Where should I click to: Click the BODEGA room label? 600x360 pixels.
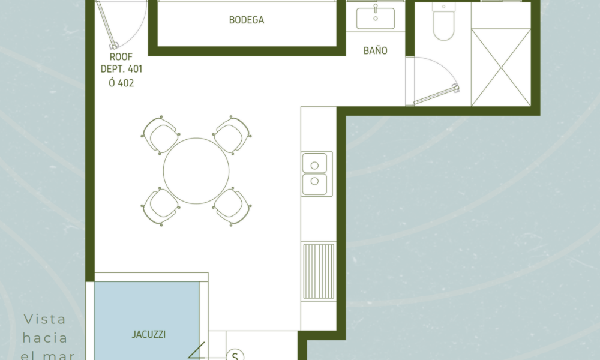[x=247, y=20]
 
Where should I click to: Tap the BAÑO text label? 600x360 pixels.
[x=376, y=50]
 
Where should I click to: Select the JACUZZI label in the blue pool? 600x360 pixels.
[x=148, y=334]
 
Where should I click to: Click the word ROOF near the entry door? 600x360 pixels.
[x=121, y=57]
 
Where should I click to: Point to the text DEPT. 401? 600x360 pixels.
[x=121, y=69]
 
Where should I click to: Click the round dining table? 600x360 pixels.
[x=196, y=170]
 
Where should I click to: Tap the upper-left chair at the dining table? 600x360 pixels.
[x=160, y=136]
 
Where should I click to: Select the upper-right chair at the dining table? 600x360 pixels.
[x=232, y=136]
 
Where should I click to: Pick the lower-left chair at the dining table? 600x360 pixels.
[x=160, y=206]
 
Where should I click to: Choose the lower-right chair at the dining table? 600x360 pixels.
[x=232, y=206]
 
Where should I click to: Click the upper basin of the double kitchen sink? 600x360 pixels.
[x=314, y=163]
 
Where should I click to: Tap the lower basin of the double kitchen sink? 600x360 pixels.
[x=314, y=184]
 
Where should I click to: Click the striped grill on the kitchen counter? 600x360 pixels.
[x=319, y=271]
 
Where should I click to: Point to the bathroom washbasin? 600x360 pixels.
[x=376, y=19]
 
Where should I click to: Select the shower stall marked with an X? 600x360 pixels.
[x=501, y=67]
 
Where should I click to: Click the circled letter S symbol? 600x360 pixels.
[x=235, y=355]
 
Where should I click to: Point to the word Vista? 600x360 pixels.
[x=45, y=319]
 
